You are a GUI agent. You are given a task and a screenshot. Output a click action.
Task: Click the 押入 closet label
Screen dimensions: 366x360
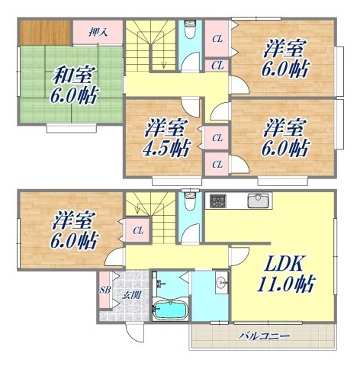point(98,32)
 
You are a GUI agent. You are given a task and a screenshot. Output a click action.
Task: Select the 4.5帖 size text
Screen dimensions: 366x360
point(166,146)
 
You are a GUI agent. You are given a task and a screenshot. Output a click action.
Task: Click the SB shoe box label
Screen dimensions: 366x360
point(104,291)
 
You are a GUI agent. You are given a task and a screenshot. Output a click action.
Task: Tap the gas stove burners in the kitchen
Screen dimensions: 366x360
point(217,201)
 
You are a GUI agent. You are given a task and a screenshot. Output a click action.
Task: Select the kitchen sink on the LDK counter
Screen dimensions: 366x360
point(259,201)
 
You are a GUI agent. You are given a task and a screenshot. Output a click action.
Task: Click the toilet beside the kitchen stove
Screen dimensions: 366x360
point(190,205)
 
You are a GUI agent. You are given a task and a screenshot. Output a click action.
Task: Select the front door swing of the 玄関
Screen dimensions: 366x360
point(134,332)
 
